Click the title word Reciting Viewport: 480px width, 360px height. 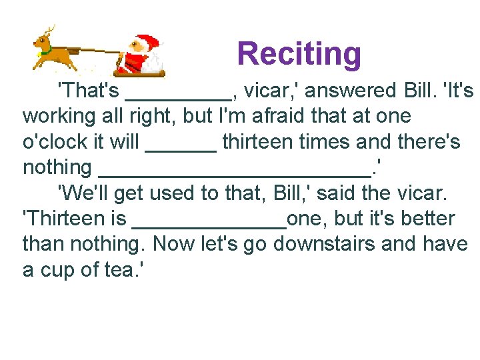pyautogui.click(x=299, y=54)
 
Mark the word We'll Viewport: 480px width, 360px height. pyautogui.click(x=82, y=193)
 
